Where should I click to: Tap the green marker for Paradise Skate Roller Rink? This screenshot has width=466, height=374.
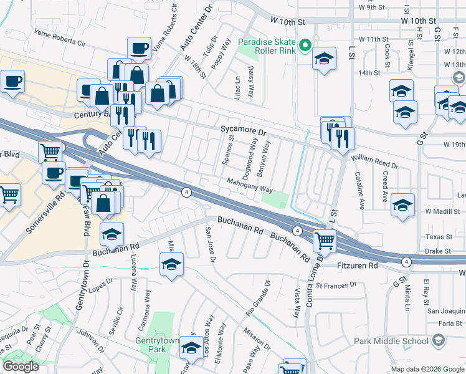[305, 45]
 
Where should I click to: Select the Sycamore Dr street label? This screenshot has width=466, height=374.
[244, 132]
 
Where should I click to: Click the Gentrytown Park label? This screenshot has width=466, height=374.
[151, 345]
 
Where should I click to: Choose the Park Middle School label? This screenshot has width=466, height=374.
[391, 340]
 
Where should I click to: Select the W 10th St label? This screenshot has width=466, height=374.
[290, 21]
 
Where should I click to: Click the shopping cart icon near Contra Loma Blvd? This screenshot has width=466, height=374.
[325, 239]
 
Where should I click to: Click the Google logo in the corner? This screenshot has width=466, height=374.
[21, 367]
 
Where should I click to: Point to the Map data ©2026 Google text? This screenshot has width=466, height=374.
[427, 369]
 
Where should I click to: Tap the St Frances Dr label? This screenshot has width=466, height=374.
[336, 285]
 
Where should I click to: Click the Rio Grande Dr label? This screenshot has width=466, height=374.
[258, 297]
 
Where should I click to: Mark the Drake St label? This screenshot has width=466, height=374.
[437, 251]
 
